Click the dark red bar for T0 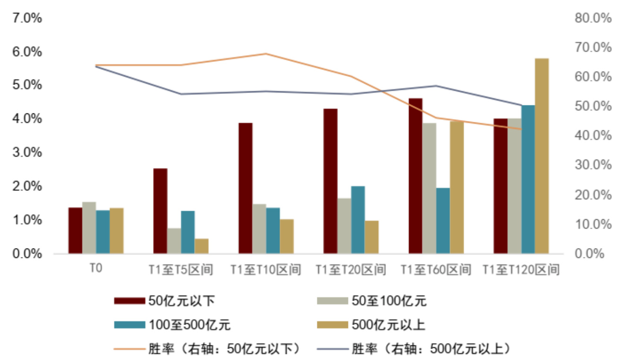click(x=75, y=231)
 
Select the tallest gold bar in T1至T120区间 click(x=542, y=156)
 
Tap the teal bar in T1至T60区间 click(x=443, y=221)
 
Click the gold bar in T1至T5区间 click(x=202, y=246)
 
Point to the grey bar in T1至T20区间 click(x=344, y=226)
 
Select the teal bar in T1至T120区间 click(x=528, y=180)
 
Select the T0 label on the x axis click(x=96, y=269)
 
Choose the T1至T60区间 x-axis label click(x=436, y=270)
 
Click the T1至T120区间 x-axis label click(x=521, y=270)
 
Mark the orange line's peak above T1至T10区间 click(x=266, y=54)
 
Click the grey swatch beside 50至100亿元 click(x=332, y=300)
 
